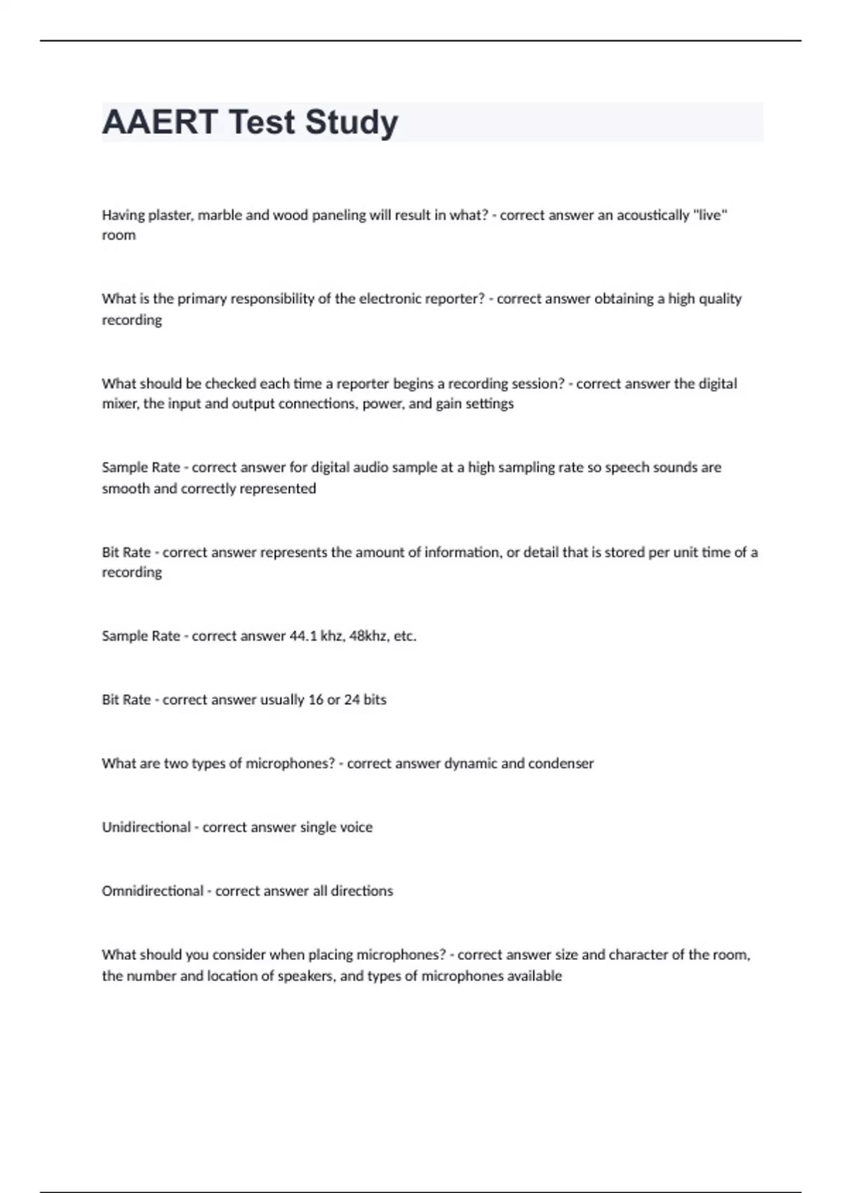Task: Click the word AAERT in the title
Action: pyautogui.click(x=159, y=122)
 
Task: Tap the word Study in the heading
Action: pyautogui.click(x=352, y=122)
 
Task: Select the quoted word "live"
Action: pyautogui.click(x=709, y=215)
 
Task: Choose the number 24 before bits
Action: pyautogui.click(x=352, y=700)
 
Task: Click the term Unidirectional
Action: pyautogui.click(x=146, y=827)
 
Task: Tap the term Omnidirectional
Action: pyautogui.click(x=152, y=891)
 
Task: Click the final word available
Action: pyautogui.click(x=533, y=976)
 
